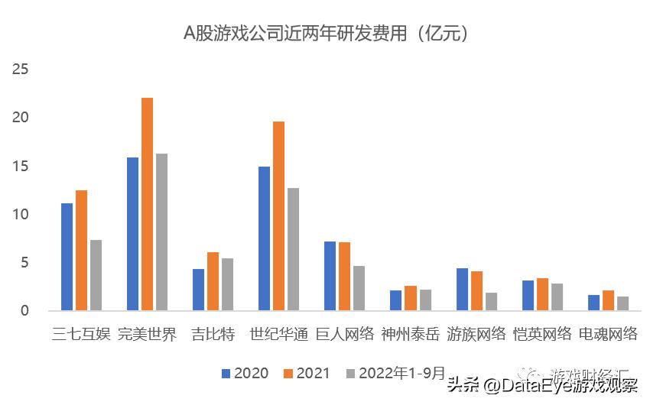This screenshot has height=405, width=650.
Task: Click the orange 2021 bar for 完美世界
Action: (x=148, y=204)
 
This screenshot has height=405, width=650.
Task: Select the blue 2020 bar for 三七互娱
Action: (x=67, y=257)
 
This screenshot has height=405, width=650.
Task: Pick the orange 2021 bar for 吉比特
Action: (x=213, y=281)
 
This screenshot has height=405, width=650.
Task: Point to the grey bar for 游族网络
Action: (x=491, y=302)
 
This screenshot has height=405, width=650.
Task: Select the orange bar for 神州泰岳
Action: (x=411, y=298)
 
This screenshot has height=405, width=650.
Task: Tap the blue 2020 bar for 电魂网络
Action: (x=594, y=303)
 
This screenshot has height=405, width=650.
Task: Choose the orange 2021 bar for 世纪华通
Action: (x=279, y=216)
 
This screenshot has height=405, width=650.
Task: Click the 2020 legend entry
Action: (x=245, y=374)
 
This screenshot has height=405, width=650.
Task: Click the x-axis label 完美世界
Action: (x=148, y=335)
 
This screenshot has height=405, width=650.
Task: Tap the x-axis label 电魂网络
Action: (x=608, y=335)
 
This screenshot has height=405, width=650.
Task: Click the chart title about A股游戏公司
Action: (x=325, y=34)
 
